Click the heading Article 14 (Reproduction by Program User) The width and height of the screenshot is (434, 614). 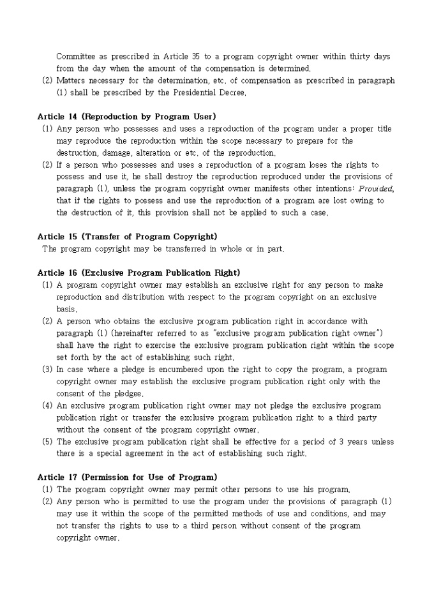pyautogui.click(x=126, y=116)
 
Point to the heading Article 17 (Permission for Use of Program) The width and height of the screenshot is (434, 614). pyautogui.click(x=127, y=477)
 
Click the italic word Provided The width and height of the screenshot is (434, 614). pyautogui.click(x=376, y=189)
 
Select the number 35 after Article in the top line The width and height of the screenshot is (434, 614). pyautogui.click(x=195, y=56)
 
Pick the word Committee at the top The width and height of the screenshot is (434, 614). pyautogui.click(x=77, y=56)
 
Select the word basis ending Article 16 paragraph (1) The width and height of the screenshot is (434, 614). pyautogui.click(x=66, y=309)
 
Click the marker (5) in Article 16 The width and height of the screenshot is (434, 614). pyautogui.click(x=47, y=441)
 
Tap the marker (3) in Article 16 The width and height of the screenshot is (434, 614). pyautogui.click(x=47, y=369)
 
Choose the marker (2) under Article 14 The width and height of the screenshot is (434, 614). pyautogui.click(x=47, y=165)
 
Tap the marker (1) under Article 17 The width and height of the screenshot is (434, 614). pyautogui.click(x=47, y=489)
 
